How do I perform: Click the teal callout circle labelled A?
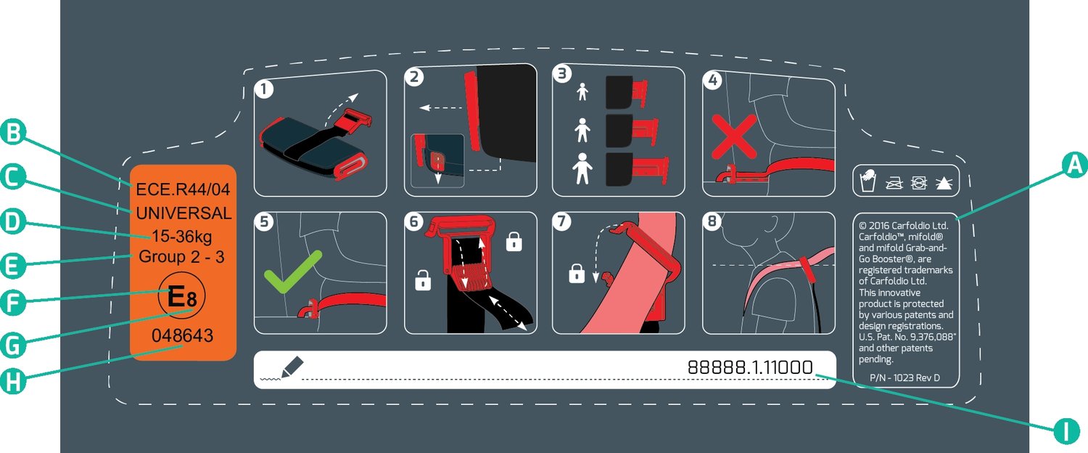tap(1073, 165)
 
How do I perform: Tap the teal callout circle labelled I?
tap(1066, 430)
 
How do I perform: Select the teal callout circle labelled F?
tap(13, 302)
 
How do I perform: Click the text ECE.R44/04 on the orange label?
tap(183, 189)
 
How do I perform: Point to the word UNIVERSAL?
tap(184, 213)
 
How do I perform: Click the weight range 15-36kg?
tap(181, 236)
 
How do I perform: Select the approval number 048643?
tap(182, 335)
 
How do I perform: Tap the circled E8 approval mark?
tap(181, 295)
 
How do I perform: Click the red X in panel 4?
tap(734, 136)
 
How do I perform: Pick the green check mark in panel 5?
tap(292, 272)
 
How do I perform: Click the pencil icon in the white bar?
tap(292, 367)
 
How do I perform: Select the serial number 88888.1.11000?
tap(750, 367)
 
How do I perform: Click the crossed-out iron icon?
tap(894, 183)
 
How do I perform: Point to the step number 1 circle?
tap(264, 89)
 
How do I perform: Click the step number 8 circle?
tap(712, 221)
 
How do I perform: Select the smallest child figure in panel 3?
tap(582, 91)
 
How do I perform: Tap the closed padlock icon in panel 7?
tap(577, 273)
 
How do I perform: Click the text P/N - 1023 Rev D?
tap(904, 377)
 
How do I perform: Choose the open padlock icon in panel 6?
tap(423, 280)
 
